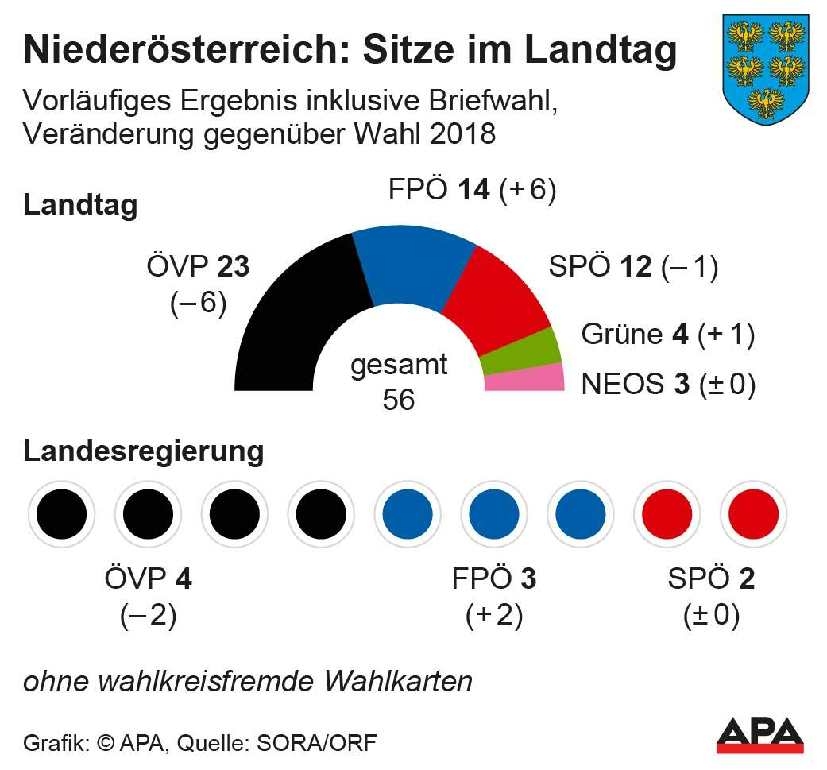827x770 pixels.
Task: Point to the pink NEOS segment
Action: pyautogui.click(x=525, y=377)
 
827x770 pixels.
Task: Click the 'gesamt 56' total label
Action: pyautogui.click(x=399, y=381)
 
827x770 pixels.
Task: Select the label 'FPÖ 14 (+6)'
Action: pyautogui.click(x=471, y=191)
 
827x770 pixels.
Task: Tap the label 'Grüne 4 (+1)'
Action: pyautogui.click(x=667, y=335)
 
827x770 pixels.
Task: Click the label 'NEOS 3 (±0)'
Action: pyautogui.click(x=667, y=384)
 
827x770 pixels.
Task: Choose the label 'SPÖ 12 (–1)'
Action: pyautogui.click(x=632, y=267)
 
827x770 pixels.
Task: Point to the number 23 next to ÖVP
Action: pyautogui.click(x=233, y=267)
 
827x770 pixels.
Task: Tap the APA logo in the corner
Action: pyautogui.click(x=759, y=735)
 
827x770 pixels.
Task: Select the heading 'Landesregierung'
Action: pyautogui.click(x=143, y=451)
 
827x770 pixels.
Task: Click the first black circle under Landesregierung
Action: pyautogui.click(x=61, y=514)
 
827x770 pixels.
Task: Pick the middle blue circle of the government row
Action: pyautogui.click(x=493, y=514)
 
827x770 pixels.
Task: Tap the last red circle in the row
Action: pyautogui.click(x=752, y=514)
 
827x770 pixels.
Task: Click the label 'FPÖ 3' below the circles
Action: pyautogui.click(x=493, y=579)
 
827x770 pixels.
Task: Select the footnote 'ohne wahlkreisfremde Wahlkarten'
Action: pyautogui.click(x=247, y=681)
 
